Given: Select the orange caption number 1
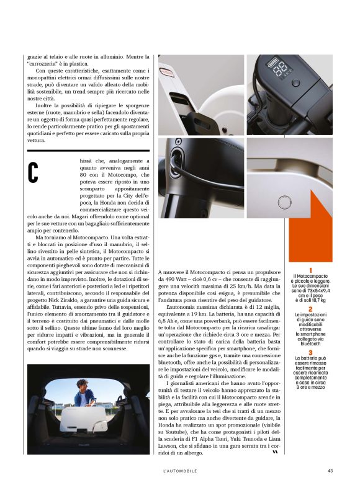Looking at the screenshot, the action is [x=310, y=270].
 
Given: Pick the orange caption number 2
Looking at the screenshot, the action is [x=310, y=308].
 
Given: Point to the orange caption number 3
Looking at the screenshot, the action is [x=310, y=352].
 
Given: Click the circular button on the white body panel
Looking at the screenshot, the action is [x=284, y=203].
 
